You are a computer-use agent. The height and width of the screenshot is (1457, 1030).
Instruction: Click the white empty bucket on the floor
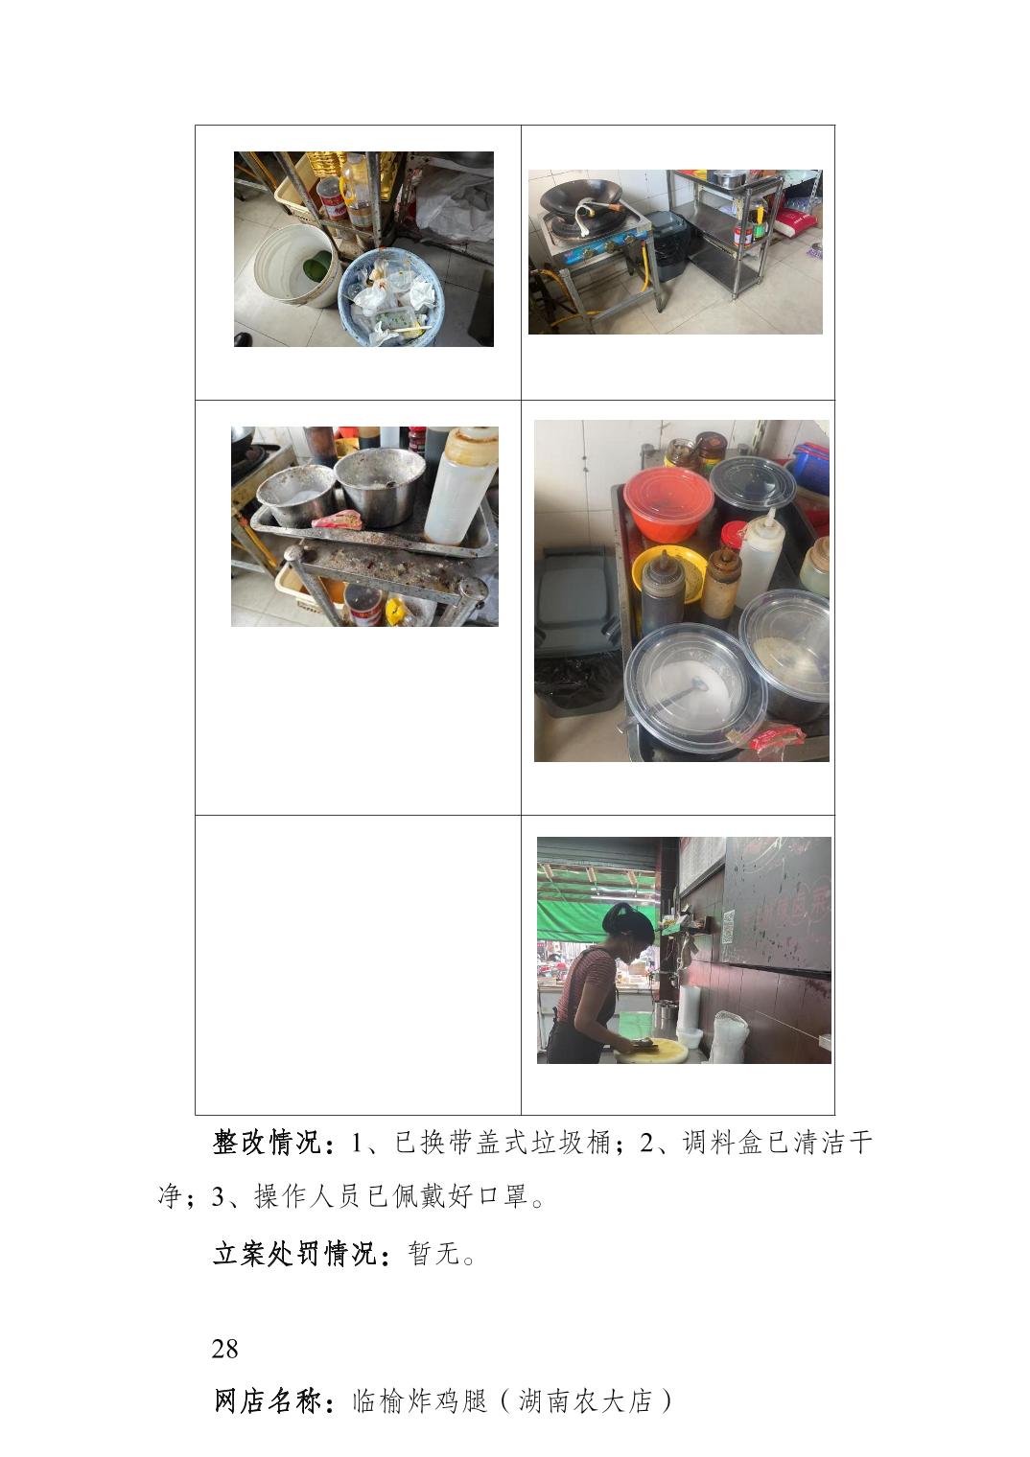pos(295,266)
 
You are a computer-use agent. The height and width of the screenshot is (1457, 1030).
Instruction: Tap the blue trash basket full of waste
pos(391,298)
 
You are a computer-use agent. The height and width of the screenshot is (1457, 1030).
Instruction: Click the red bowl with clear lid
pos(667,504)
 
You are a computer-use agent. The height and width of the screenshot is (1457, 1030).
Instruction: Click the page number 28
pos(224,1349)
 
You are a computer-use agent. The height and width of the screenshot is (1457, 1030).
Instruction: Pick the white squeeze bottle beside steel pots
pos(460,485)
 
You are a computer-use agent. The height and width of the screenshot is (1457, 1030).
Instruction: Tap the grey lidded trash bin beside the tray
pos(577,631)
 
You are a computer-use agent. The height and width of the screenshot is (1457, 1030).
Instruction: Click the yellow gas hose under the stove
pos(644,272)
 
